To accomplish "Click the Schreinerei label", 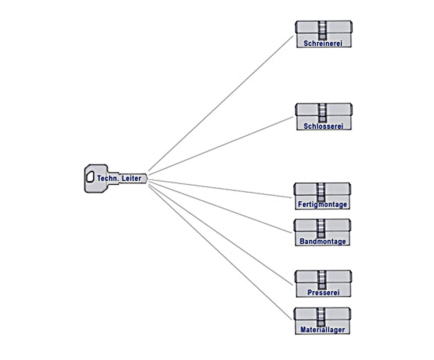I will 323,43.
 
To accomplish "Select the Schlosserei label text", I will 323,126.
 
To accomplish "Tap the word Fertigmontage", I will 322,205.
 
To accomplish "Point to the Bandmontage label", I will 323,241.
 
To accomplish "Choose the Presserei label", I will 323,293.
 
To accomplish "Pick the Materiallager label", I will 322,330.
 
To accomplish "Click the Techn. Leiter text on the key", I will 119,178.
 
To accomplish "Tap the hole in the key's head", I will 90,177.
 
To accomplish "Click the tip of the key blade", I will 146,178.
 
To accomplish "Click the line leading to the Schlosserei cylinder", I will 221,144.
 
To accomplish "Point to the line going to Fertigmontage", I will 221,188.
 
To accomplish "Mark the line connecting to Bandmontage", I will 221,207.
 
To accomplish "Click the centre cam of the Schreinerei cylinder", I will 323,30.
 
